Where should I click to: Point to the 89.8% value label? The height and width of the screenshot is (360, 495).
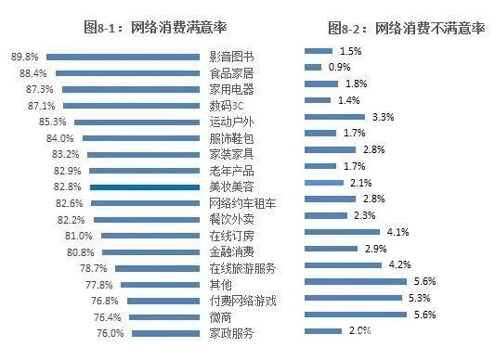point(24,57)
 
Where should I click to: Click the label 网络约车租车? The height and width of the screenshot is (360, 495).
point(242,203)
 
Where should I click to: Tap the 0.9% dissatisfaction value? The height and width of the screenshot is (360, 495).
point(340,67)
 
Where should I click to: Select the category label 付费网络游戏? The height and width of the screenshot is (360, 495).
point(242,301)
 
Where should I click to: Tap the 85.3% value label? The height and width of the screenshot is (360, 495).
point(52,122)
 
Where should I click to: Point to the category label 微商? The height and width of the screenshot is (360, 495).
point(219,316)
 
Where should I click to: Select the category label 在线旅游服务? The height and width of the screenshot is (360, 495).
point(242,268)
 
